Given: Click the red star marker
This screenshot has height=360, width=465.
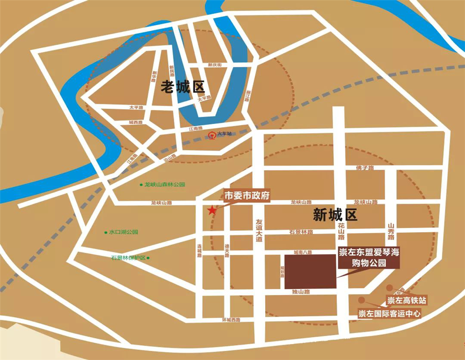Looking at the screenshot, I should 212,210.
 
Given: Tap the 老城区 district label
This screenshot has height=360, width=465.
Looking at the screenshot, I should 182,87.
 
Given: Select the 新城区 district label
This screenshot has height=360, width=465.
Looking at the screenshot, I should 335,216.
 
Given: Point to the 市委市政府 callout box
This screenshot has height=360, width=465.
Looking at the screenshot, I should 247,195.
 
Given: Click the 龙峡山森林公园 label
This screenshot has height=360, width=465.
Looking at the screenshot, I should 164,184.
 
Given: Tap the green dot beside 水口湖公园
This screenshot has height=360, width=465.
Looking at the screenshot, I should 106,232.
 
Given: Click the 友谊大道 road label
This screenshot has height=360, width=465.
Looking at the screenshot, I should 259,231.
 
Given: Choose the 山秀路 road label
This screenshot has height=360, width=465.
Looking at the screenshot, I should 391,232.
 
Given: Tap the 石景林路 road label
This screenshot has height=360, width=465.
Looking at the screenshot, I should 301,232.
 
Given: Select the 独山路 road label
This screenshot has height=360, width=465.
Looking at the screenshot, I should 301,292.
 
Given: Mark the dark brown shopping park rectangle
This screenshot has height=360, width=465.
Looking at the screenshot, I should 310,271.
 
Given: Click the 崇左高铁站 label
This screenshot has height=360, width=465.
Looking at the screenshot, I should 407,300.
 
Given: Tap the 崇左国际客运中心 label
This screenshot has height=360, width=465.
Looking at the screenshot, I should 389,314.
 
